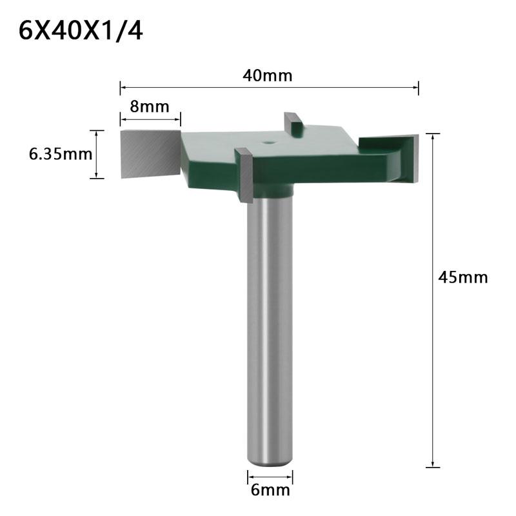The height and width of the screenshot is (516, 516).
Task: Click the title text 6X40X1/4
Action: tap(81, 30)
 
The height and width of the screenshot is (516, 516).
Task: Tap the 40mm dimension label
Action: tap(268, 75)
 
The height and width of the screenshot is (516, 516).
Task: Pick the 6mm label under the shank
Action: tap(270, 491)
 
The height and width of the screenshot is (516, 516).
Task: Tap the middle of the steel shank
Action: tap(270, 322)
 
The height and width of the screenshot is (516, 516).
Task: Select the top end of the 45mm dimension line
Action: tap(432, 134)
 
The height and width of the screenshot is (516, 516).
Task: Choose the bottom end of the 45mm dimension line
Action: tap(432, 466)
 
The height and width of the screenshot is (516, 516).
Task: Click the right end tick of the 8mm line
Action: tap(180, 119)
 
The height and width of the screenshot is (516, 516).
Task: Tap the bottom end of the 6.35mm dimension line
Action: tap(96, 177)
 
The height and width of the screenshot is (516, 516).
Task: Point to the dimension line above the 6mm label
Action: tap(270, 478)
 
